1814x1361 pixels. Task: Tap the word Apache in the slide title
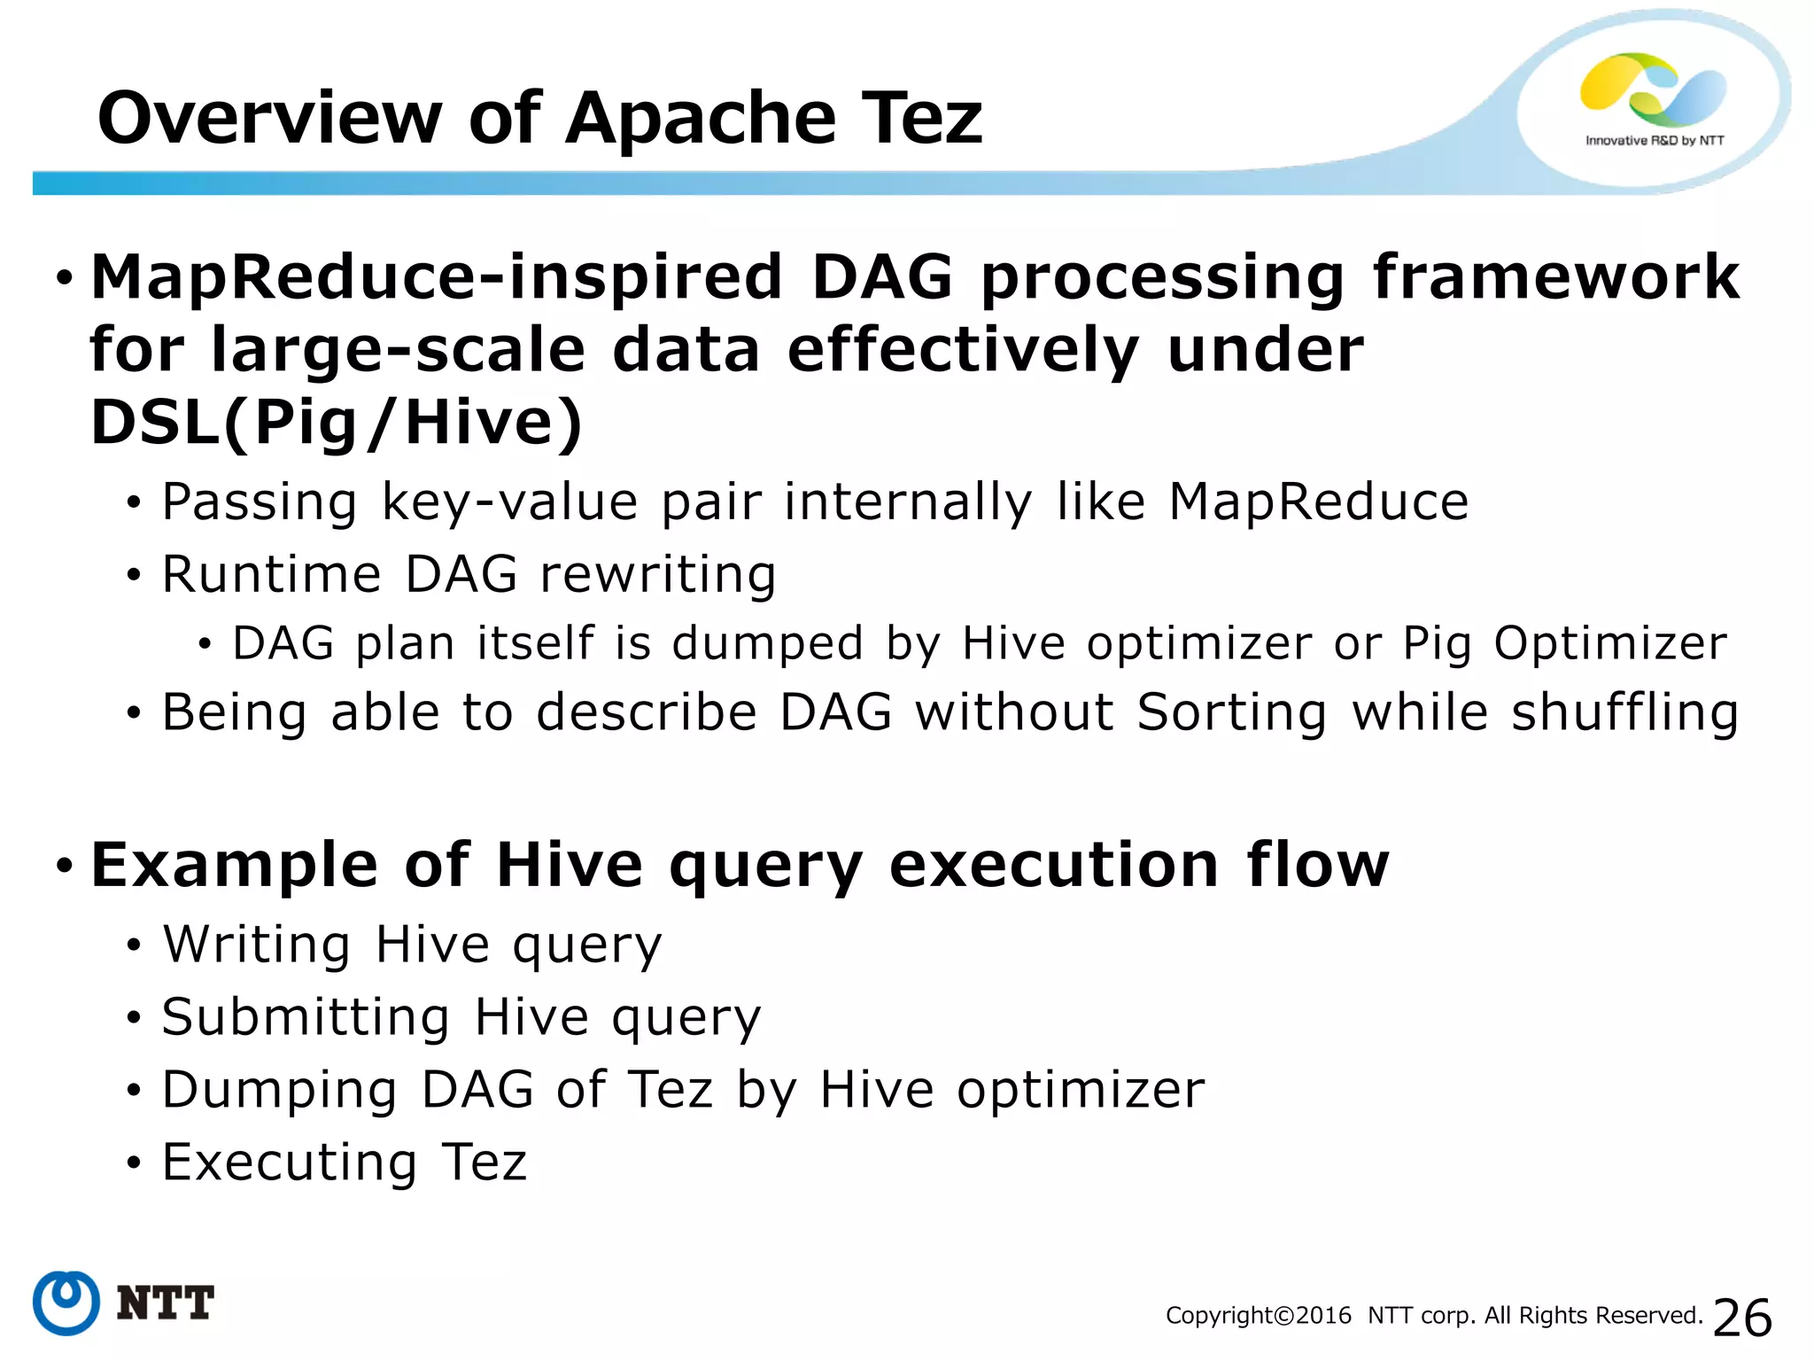click(x=700, y=118)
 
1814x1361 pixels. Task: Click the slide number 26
click(x=1742, y=1318)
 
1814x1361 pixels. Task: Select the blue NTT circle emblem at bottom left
click(x=66, y=1303)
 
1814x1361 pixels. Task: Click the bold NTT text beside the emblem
click(x=165, y=1303)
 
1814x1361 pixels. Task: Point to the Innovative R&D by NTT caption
click(x=1655, y=141)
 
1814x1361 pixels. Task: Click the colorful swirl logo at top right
click(x=1653, y=89)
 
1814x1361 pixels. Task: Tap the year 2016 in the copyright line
click(x=1323, y=1316)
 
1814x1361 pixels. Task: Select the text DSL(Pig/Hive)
click(x=337, y=423)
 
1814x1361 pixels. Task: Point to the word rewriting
click(x=658, y=574)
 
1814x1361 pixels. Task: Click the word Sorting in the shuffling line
click(x=1232, y=713)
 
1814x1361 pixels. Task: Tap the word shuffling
click(x=1624, y=713)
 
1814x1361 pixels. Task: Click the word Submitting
click(x=306, y=1017)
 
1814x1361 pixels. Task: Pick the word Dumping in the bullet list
click(x=279, y=1091)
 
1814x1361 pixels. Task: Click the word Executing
click(x=289, y=1163)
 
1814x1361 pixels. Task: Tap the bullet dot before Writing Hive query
click(x=134, y=945)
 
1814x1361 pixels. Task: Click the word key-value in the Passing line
click(x=509, y=503)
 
